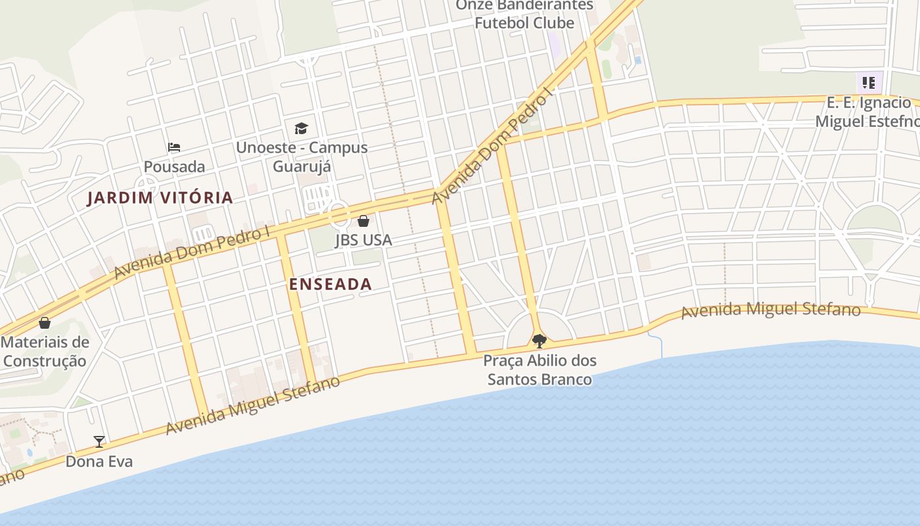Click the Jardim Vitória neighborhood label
(160, 197)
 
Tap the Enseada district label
(331, 284)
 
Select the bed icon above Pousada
(174, 147)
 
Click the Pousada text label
(174, 166)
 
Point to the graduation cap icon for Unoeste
(301, 128)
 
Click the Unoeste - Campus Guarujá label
(302, 156)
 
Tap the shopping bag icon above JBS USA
(363, 221)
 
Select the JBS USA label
(363, 240)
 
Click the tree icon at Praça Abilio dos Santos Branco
(540, 341)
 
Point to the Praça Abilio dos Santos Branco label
(540, 370)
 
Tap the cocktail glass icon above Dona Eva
(99, 441)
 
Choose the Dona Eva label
(99, 462)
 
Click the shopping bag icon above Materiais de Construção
(45, 323)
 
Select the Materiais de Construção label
(45, 351)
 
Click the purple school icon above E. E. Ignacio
(869, 83)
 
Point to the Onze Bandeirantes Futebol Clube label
(524, 14)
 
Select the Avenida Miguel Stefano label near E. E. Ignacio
(770, 310)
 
